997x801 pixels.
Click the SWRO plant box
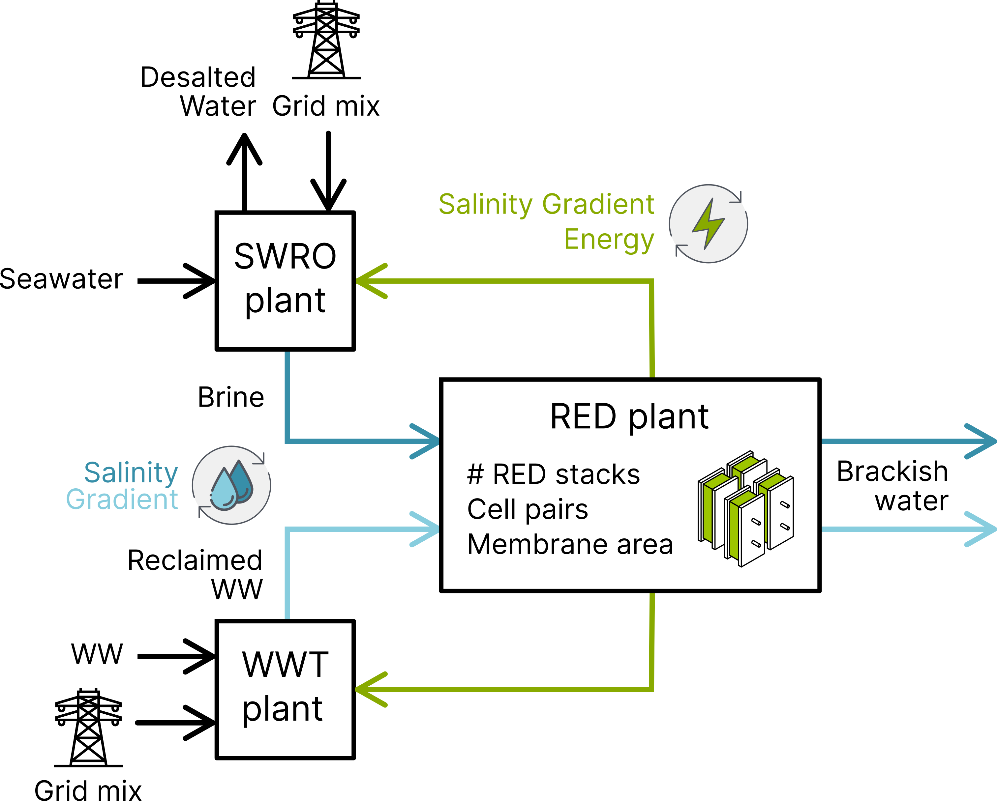285,280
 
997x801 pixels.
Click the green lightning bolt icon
708,224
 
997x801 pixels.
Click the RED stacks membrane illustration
745,508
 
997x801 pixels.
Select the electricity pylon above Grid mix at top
326,39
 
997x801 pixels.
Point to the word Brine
231,397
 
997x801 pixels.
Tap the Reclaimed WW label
195,574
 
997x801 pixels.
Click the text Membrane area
570,544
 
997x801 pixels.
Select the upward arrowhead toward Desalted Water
245,148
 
